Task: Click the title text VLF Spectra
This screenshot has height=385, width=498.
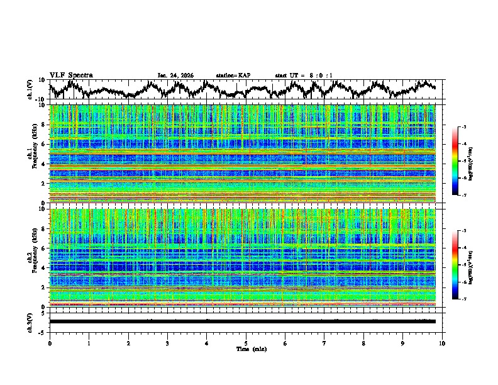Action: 71,75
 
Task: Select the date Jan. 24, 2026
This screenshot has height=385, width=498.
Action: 175,75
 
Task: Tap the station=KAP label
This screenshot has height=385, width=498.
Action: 233,75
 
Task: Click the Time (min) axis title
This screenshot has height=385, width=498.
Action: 246,349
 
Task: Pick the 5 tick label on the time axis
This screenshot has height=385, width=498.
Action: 246,343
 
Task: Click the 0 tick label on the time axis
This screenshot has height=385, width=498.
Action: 50,343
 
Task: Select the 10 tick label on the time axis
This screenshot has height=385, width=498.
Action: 442,343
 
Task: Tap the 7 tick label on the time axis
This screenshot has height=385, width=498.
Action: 324,343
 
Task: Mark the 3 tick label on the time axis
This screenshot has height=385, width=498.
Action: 167,343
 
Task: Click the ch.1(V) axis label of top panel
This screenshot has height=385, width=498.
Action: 31,89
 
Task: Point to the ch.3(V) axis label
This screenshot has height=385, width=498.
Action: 31,321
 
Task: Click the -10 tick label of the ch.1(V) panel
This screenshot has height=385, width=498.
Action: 40,99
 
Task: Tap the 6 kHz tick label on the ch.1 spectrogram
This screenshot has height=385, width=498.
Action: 43,144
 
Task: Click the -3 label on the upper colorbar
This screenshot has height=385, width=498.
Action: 464,127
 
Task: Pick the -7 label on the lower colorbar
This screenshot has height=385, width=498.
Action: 464,299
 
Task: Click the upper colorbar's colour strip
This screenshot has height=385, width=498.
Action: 455,161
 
